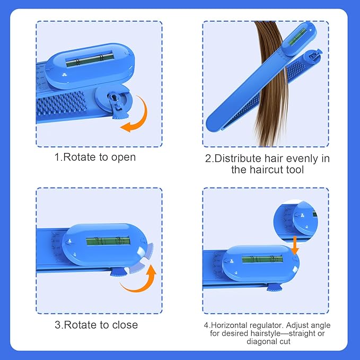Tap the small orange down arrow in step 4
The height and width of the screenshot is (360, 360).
click(x=295, y=242)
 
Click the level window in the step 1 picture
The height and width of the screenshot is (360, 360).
click(x=89, y=59)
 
